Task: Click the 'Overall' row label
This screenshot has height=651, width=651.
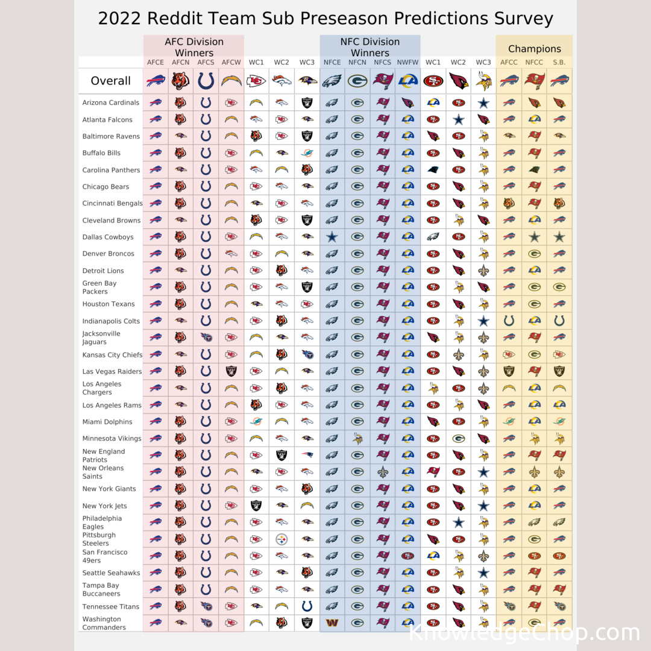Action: pyautogui.click(x=110, y=81)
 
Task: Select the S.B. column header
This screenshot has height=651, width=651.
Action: pyautogui.click(x=559, y=62)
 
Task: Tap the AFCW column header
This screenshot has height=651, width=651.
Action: pyautogui.click(x=231, y=62)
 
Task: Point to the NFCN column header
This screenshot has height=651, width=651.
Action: pyautogui.click(x=357, y=62)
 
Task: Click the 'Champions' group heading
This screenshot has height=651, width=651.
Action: pyautogui.click(x=534, y=49)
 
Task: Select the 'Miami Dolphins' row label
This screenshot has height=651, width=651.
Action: pyautogui.click(x=107, y=422)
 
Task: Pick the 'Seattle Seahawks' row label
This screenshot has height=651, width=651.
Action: pyautogui.click(x=111, y=573)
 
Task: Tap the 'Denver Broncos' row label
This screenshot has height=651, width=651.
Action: pyautogui.click(x=108, y=254)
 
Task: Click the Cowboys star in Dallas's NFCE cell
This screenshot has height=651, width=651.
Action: pyautogui.click(x=332, y=237)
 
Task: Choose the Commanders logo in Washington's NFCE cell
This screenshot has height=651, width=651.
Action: pyautogui.click(x=332, y=623)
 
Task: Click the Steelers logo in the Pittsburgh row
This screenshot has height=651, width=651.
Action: pyautogui.click(x=281, y=539)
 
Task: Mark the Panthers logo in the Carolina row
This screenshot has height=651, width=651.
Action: pyautogui.click(x=433, y=170)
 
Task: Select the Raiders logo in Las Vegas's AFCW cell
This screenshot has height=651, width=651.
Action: pyautogui.click(x=231, y=371)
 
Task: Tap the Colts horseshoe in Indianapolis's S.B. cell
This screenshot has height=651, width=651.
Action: pyautogui.click(x=559, y=321)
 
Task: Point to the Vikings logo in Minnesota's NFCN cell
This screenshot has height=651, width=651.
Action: pyautogui.click(x=357, y=438)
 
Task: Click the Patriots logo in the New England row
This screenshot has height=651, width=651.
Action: pyautogui.click(x=307, y=455)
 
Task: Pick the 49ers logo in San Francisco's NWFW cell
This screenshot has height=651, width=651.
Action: pyautogui.click(x=408, y=556)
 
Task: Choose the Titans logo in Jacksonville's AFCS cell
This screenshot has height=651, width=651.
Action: pyautogui.click(x=206, y=338)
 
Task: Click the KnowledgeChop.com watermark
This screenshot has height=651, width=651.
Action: pyautogui.click(x=523, y=633)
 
